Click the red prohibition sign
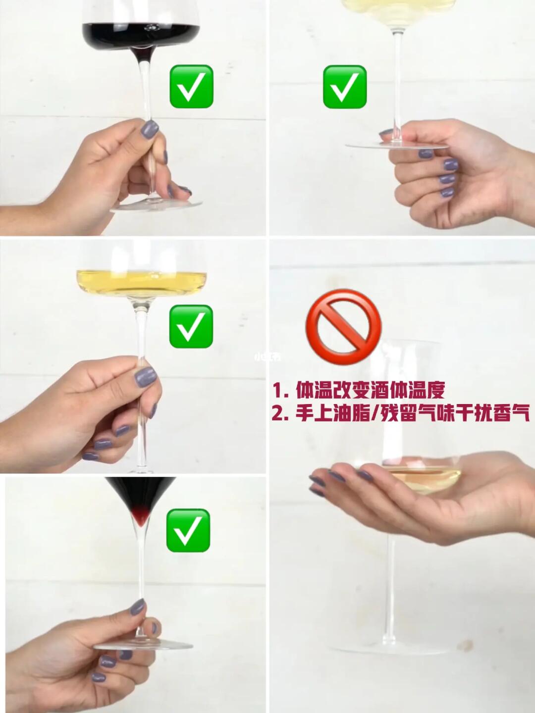tap(343, 327)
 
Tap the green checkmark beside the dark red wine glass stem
tap(191, 86)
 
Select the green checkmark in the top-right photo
tap(345, 87)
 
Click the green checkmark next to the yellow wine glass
tap(191, 326)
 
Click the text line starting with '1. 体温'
tap(358, 391)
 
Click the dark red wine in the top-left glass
tap(141, 36)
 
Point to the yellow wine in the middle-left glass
tap(141, 281)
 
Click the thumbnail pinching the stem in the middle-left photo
tap(146, 376)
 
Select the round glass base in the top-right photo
tap(397, 146)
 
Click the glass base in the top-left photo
tap(156, 205)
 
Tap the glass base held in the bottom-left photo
tap(143, 636)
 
